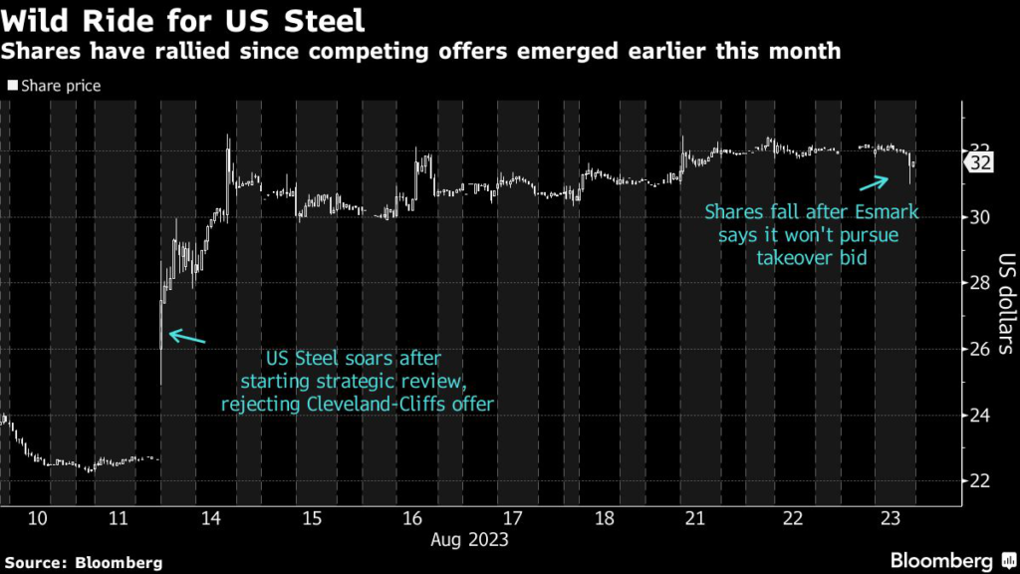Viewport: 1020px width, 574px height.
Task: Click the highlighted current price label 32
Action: tap(979, 162)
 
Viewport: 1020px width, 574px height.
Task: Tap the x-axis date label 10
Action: tap(38, 518)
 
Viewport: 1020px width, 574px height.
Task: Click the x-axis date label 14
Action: tap(210, 518)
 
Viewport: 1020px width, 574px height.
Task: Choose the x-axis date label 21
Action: tap(694, 518)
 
